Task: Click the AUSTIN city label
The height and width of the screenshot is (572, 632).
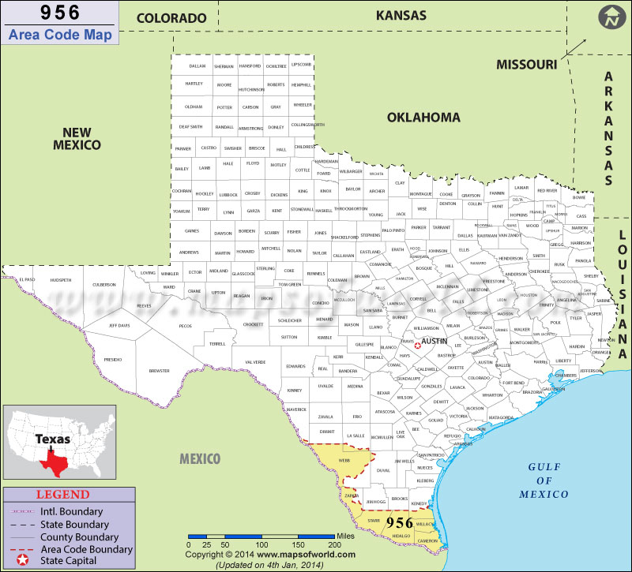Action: pos(434,341)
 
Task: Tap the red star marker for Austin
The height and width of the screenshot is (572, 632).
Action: pos(418,345)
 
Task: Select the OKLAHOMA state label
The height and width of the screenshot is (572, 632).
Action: pos(423,118)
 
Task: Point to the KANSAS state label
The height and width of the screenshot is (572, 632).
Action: pos(401,15)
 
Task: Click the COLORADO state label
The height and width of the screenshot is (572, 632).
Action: pos(171,17)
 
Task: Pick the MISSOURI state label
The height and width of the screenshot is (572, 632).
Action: pos(526,64)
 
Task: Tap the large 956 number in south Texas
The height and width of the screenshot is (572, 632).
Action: pos(400,523)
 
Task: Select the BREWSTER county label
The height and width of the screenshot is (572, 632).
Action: pos(159,370)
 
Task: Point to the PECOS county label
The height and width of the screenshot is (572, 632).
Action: pos(186,325)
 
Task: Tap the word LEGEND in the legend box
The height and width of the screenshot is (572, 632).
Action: pos(58,495)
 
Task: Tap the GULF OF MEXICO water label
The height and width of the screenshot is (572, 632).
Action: pos(544,480)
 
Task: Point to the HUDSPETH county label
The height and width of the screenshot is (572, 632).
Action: pos(60,280)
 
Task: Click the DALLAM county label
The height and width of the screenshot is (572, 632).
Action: pos(197,65)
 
